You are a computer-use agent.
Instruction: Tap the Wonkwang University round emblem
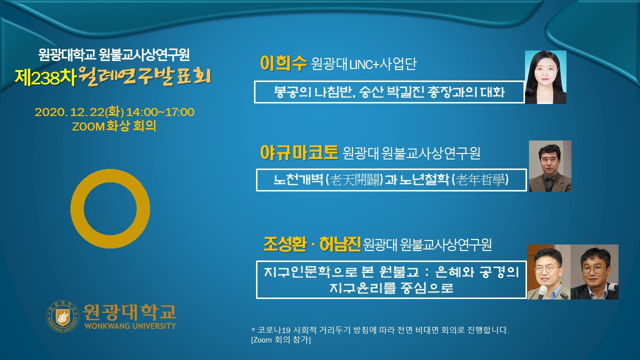coord(62,316)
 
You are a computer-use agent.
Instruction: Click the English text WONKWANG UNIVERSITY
coord(130,326)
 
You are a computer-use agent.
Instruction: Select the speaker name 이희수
coord(283,63)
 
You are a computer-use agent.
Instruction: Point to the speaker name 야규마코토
coord(299,152)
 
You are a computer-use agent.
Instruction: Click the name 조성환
coord(285,244)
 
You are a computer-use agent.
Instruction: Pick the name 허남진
coord(340,244)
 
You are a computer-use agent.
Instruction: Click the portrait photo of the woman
coord(545,77)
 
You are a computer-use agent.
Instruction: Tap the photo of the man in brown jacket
coord(550,166)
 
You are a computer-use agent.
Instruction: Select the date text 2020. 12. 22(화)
coord(79,112)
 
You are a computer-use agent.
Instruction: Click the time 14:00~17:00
coord(160,112)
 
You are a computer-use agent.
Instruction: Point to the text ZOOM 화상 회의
coord(114,126)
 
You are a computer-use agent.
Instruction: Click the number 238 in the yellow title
coord(45,77)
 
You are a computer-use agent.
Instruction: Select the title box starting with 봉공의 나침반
coord(389,92)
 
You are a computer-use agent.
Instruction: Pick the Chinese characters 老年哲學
coord(480,180)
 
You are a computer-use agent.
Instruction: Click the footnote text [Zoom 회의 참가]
coord(281,339)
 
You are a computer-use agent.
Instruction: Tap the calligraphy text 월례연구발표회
coord(144,76)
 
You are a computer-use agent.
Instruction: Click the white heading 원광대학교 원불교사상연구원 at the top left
coord(114,54)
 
